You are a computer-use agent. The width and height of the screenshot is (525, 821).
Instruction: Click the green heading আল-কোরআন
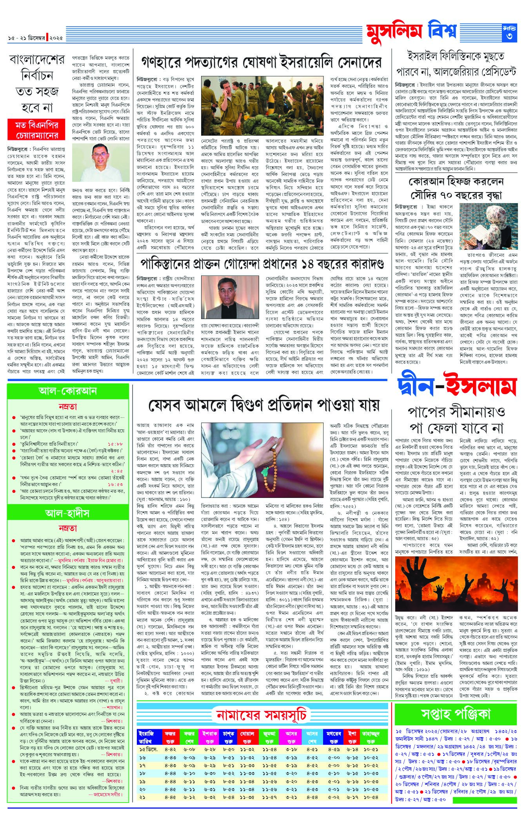click(68, 391)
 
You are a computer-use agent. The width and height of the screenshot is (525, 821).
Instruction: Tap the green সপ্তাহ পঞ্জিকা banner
click(456, 714)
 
